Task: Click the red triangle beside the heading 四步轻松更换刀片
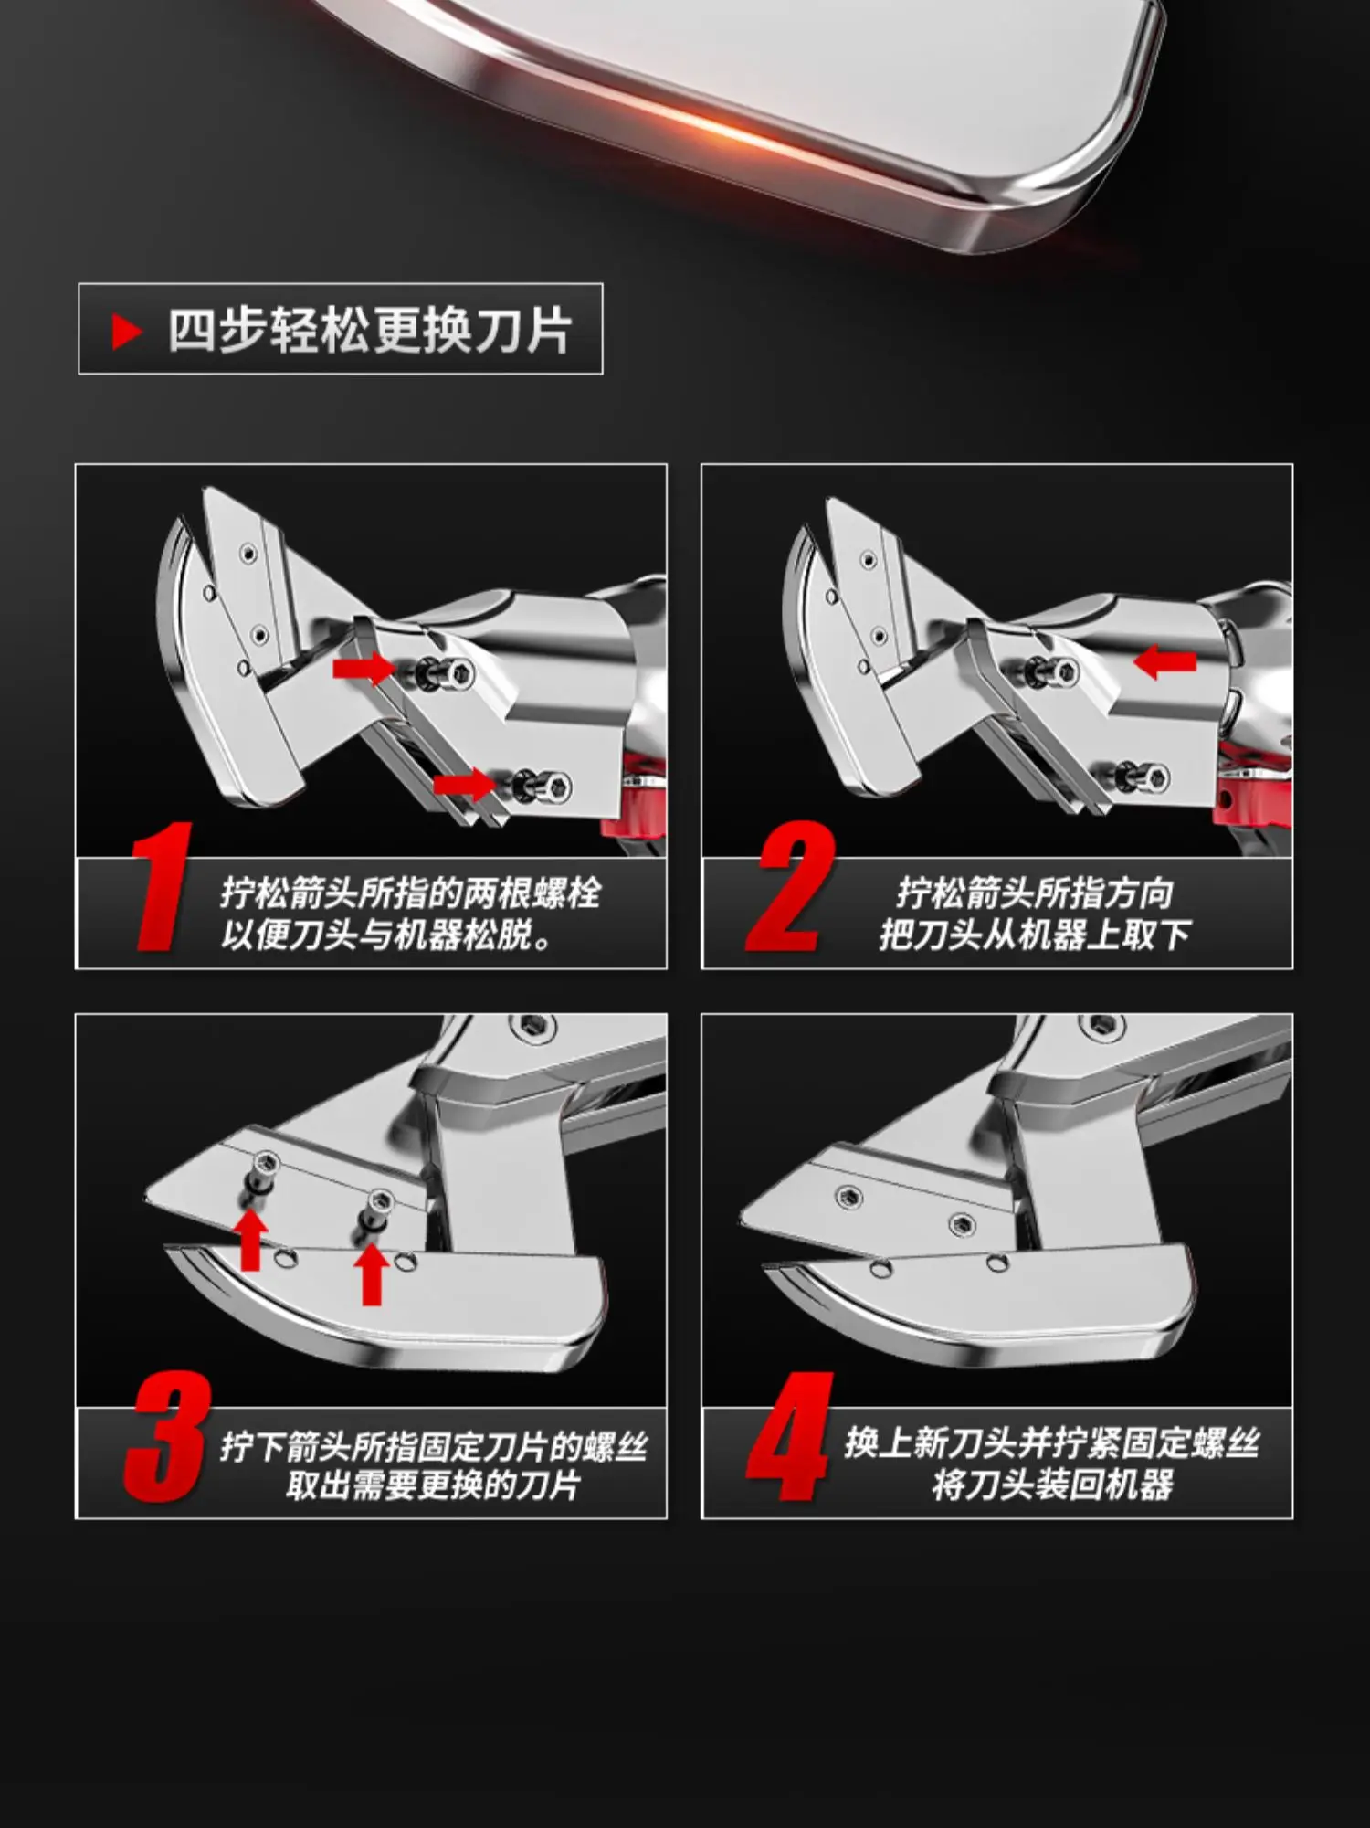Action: (126, 331)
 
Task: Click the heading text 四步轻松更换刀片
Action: (370, 331)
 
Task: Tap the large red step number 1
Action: (161, 886)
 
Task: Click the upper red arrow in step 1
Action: (364, 668)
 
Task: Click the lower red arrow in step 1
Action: (465, 784)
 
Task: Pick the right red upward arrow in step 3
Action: (371, 1273)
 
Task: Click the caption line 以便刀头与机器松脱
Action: (385, 935)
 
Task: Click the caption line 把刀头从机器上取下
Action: (1036, 935)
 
